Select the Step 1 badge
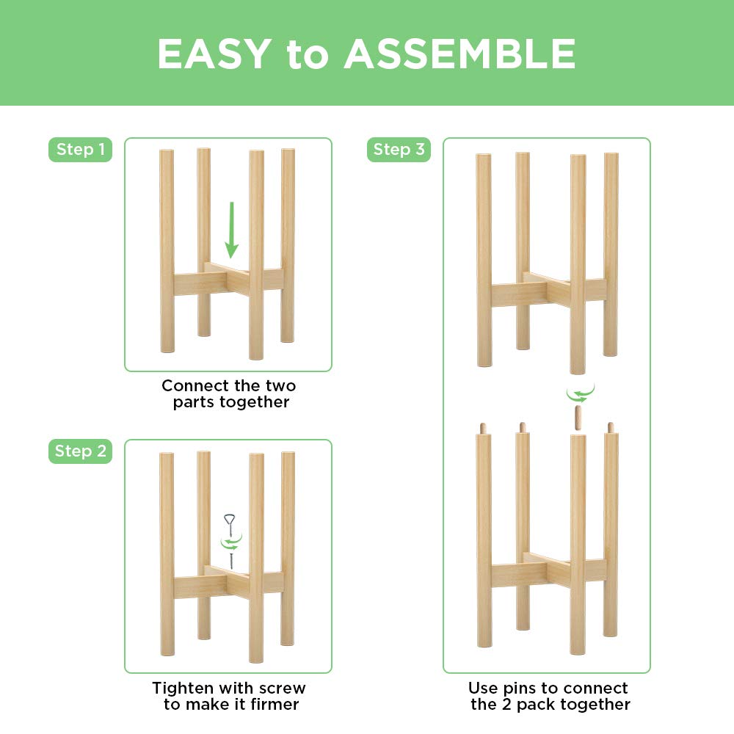80,150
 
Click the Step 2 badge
80,451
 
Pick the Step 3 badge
399,150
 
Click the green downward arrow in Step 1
231,230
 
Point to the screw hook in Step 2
230,541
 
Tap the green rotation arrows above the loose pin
581,393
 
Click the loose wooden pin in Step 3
578,418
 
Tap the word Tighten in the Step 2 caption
189,688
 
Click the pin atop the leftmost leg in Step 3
483,429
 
